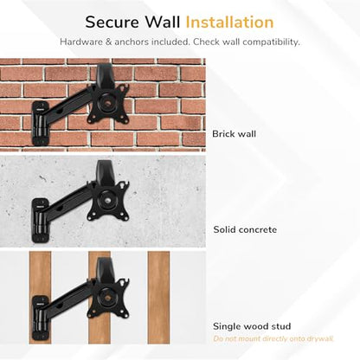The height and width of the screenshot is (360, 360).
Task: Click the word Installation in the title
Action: pyautogui.click(x=229, y=22)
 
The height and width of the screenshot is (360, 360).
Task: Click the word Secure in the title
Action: pyautogui.click(x=112, y=22)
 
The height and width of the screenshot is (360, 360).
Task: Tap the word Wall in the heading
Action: pyautogui.click(x=163, y=22)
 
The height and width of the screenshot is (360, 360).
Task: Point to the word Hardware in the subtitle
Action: pyautogui.click(x=81, y=42)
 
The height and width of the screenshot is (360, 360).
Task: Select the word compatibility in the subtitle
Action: pyautogui.click(x=271, y=42)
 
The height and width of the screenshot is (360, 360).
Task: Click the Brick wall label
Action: pyautogui.click(x=234, y=134)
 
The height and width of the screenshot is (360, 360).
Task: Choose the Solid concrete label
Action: pyautogui.click(x=245, y=229)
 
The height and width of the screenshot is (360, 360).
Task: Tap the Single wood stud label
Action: pyautogui.click(x=252, y=326)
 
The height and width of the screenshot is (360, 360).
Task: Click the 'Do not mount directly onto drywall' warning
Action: pyautogui.click(x=273, y=338)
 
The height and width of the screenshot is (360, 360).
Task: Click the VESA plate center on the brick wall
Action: pyautogui.click(x=107, y=102)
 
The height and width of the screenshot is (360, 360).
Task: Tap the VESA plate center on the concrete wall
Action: pyautogui.click(x=107, y=200)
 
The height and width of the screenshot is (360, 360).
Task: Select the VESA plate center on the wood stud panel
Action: pyautogui.click(x=107, y=297)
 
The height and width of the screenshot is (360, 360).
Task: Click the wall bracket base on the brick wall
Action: pyautogui.click(x=40, y=123)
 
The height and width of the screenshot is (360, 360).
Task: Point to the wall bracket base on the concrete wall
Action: pyautogui.click(x=40, y=220)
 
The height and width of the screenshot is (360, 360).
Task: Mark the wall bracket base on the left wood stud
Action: pyautogui.click(x=40, y=318)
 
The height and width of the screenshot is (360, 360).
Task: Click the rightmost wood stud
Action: pyautogui.click(x=158, y=298)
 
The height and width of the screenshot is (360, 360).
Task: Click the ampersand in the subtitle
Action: pyautogui.click(x=108, y=42)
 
